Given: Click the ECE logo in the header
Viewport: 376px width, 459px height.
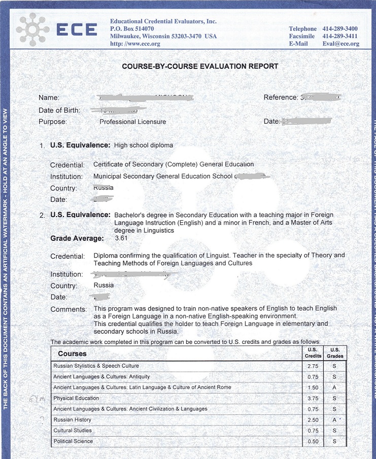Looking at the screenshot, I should (x=56, y=29).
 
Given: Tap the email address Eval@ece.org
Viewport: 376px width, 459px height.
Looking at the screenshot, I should (x=340, y=44).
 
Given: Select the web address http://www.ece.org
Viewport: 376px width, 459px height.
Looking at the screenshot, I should (x=135, y=44).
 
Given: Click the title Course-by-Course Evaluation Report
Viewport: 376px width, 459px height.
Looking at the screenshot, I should (x=200, y=66).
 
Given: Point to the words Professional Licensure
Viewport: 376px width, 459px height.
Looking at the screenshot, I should (x=132, y=122).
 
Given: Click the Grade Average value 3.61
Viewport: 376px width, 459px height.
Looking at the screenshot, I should (x=122, y=238).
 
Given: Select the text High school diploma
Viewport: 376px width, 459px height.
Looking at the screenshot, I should (x=144, y=146).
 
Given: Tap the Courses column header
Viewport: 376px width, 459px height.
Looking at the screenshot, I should (x=72, y=354).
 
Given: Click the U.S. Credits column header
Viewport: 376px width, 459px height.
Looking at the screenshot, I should (x=313, y=353).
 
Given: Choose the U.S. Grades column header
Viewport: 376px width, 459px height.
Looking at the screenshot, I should (x=335, y=353).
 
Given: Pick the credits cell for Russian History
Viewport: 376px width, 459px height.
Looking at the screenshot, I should (x=313, y=420).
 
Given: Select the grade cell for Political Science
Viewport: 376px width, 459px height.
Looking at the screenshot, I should (x=335, y=441).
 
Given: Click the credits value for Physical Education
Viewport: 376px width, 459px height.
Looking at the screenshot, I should (x=313, y=398).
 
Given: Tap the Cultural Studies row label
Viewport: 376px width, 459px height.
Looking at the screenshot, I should (x=73, y=431).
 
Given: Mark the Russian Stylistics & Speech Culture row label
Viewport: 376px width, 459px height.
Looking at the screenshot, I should (x=96, y=366).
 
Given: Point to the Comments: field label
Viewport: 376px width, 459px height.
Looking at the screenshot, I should (x=69, y=309).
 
